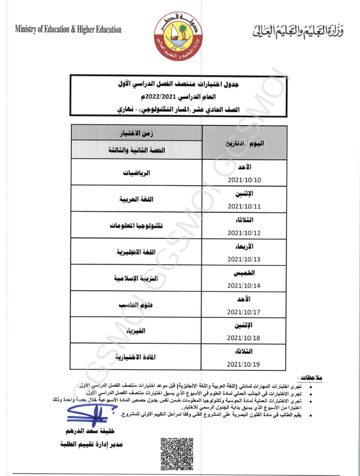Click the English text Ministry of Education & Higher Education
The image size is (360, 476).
(x=69, y=29)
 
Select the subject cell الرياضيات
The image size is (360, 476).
(x=137, y=172)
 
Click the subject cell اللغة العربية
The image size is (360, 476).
(x=136, y=199)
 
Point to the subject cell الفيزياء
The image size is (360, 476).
(x=136, y=331)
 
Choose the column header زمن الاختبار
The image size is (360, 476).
(x=137, y=133)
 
